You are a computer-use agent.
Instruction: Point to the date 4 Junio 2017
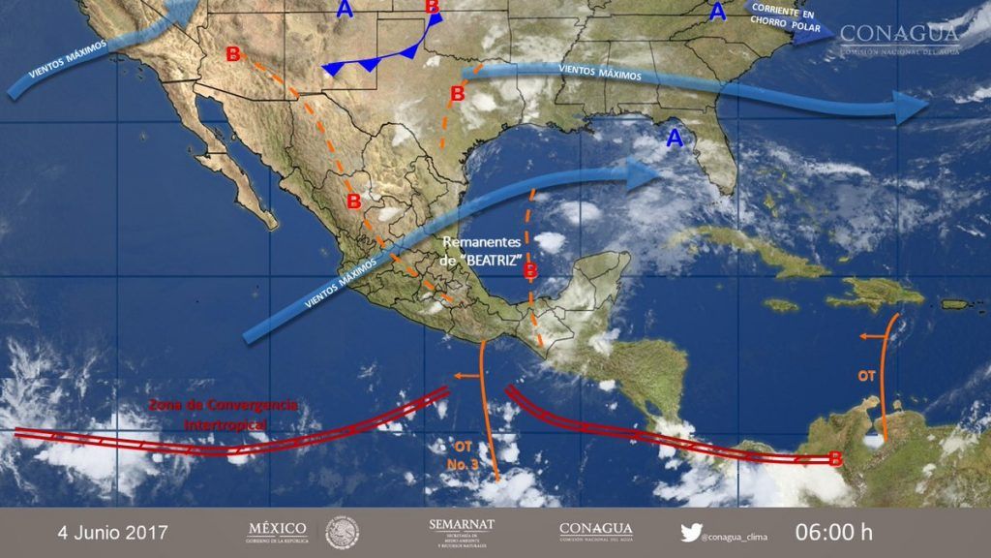pyautogui.click(x=112, y=532)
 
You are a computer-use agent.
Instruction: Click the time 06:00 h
pyautogui.click(x=833, y=532)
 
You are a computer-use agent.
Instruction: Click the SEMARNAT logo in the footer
pyautogui.click(x=462, y=531)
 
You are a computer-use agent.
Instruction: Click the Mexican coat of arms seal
pyautogui.click(x=342, y=532)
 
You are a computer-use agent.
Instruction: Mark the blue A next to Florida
pyautogui.click(x=675, y=139)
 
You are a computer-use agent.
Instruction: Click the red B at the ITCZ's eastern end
pyautogui.click(x=835, y=459)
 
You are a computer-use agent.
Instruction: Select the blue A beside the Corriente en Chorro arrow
pyautogui.click(x=716, y=12)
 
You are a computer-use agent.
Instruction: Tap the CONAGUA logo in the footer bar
pyautogui.click(x=595, y=531)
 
